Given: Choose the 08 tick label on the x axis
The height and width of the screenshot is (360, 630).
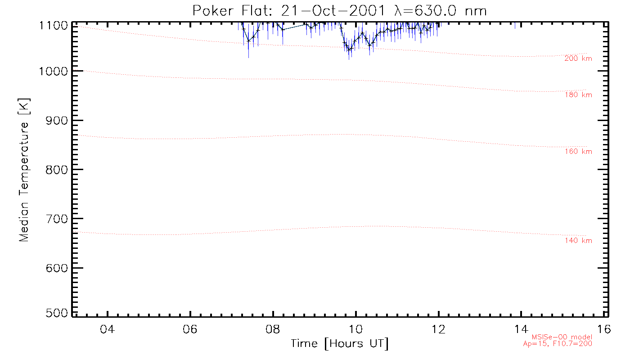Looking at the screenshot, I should pyautogui.click(x=273, y=329).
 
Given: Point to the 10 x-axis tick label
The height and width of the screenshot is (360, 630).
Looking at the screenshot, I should pyautogui.click(x=356, y=329).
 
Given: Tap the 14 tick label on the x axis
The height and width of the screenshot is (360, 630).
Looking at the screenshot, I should pyautogui.click(x=521, y=329).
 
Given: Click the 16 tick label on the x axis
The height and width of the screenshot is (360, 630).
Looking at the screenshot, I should pyautogui.click(x=604, y=329).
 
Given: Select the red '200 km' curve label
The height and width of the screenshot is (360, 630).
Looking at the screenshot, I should pyautogui.click(x=578, y=58).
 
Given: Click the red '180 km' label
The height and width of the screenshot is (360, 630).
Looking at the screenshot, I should pyautogui.click(x=578, y=95).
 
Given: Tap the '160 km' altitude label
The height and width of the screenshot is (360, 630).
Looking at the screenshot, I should pyautogui.click(x=578, y=152).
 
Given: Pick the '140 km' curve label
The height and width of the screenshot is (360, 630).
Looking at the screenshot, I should pyautogui.click(x=578, y=241).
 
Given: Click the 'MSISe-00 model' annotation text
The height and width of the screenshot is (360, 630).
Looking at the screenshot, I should pyautogui.click(x=562, y=337).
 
